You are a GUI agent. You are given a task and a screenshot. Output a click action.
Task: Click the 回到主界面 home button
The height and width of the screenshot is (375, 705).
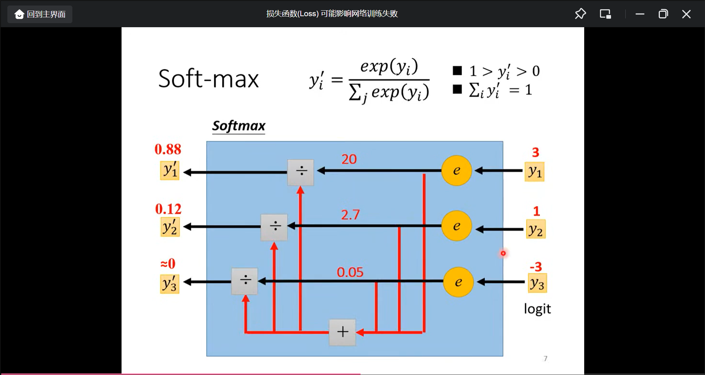(40, 14)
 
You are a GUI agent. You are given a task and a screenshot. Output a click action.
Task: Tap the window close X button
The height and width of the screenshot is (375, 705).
(686, 14)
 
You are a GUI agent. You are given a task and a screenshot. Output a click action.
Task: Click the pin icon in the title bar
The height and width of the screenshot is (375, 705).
(580, 14)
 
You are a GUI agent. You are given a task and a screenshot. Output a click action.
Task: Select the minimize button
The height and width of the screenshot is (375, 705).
(640, 14)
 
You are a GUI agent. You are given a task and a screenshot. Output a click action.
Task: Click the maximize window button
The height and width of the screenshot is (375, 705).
(663, 14)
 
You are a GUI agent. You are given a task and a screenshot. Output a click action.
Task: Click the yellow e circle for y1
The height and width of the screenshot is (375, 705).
(456, 171)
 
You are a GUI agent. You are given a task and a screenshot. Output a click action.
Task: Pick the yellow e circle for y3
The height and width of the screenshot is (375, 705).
(458, 282)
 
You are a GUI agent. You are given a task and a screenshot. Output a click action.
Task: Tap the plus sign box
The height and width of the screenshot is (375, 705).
(342, 332)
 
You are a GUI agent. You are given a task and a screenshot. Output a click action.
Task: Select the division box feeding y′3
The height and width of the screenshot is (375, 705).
(245, 281)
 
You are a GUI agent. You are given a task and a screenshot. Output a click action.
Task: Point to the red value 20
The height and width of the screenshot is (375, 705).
(349, 159)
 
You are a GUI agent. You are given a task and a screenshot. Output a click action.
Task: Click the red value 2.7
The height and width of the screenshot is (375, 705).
(350, 215)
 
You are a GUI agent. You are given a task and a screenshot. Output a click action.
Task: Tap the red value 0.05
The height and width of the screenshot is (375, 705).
(350, 272)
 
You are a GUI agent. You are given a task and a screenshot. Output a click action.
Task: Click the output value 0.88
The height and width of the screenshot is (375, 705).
(168, 149)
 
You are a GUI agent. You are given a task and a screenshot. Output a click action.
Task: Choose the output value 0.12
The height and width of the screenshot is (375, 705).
(168, 209)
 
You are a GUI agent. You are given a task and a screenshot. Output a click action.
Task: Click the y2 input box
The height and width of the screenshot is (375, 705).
(535, 229)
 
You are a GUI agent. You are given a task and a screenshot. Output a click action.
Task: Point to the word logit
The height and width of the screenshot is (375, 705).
(537, 309)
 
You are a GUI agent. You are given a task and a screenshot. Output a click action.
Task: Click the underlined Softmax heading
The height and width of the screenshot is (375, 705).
(239, 126)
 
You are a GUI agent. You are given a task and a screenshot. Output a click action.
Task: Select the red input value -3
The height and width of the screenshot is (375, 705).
(536, 267)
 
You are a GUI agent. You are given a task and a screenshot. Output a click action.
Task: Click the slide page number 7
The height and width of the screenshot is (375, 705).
(545, 358)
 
